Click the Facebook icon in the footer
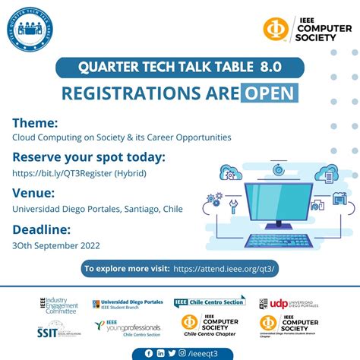[x=148, y=352]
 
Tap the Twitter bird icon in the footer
[x=172, y=352]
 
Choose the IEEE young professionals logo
[x=122, y=327]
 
